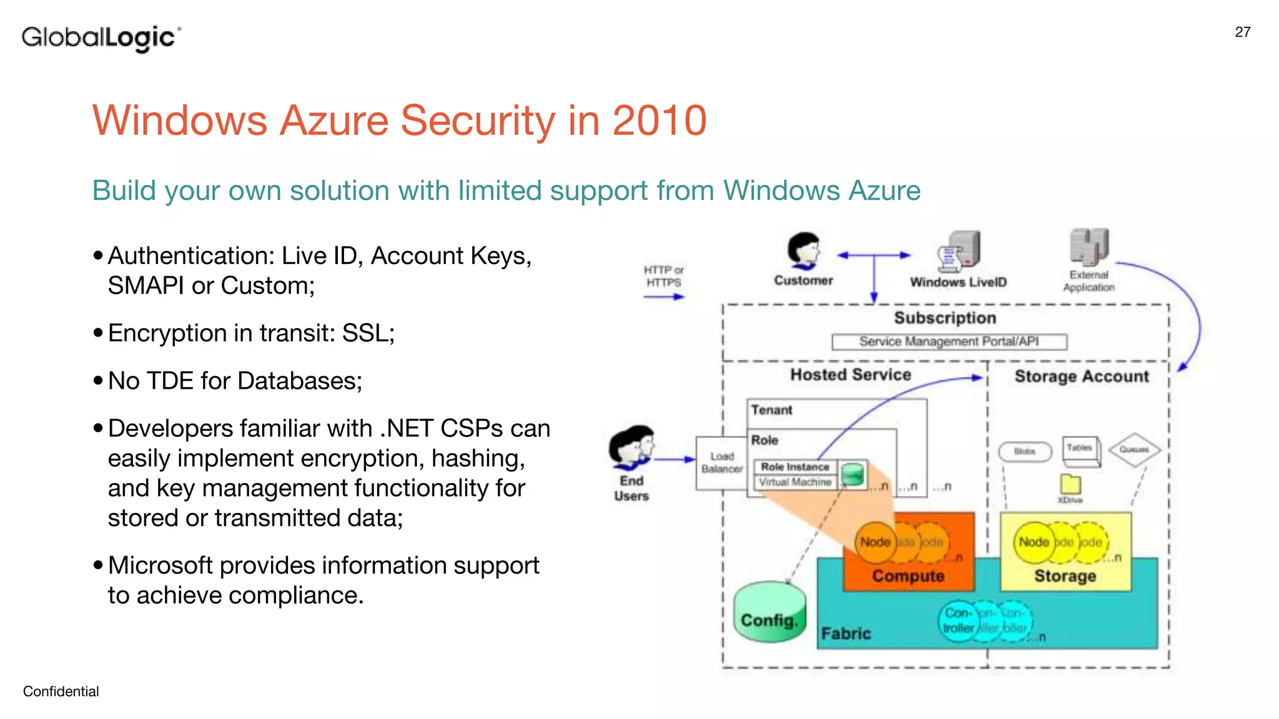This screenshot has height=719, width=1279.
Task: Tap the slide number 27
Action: pyautogui.click(x=1242, y=32)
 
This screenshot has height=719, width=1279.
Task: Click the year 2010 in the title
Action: pyautogui.click(x=659, y=120)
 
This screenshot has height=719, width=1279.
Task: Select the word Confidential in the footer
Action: pyautogui.click(x=61, y=691)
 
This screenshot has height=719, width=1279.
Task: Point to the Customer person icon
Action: pyautogui.click(x=803, y=252)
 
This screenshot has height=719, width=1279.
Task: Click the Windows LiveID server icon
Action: pyautogui.click(x=960, y=252)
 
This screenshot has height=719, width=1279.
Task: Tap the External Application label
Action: pyautogui.click(x=1089, y=281)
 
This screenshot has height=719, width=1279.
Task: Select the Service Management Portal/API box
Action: pyautogui.click(x=949, y=341)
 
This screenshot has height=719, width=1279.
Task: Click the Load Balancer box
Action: pyautogui.click(x=721, y=463)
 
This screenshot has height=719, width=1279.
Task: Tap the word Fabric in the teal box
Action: pyautogui.click(x=846, y=633)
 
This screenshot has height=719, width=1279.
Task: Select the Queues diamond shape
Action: pyautogui.click(x=1134, y=449)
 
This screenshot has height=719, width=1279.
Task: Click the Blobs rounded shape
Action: pyautogui.click(x=1025, y=451)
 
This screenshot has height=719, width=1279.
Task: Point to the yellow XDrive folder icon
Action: pyautogui.click(x=1070, y=484)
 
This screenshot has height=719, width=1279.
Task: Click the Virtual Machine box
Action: pyautogui.click(x=794, y=482)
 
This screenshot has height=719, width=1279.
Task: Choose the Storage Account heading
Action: pyautogui.click(x=1081, y=376)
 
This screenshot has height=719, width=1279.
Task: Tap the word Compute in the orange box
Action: pyautogui.click(x=908, y=575)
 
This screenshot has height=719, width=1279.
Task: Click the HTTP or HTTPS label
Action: pyautogui.click(x=663, y=276)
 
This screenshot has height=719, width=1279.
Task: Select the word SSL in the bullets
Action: pyautogui.click(x=367, y=333)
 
